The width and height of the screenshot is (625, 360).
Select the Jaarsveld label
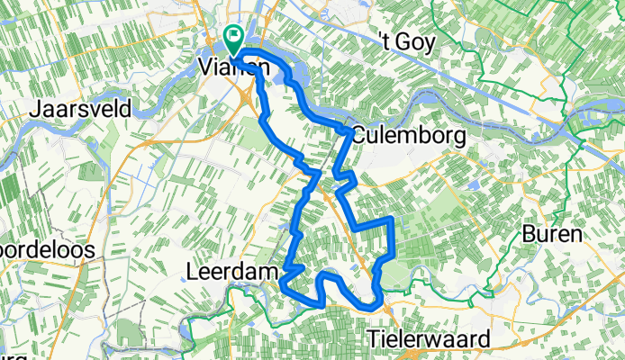click(x=81, y=110)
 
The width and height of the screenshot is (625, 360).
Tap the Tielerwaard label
click(x=429, y=339)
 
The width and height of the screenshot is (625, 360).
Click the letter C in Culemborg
click(x=358, y=136)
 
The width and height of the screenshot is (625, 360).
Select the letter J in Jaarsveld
click(x=35, y=110)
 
